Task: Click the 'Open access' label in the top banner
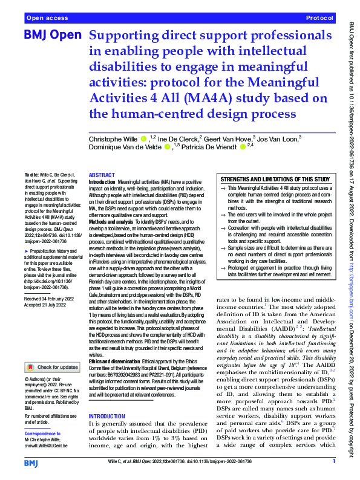48,19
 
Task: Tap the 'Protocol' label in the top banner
320,19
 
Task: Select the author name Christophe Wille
117,140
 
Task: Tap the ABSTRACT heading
102,174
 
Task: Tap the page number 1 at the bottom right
333,461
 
